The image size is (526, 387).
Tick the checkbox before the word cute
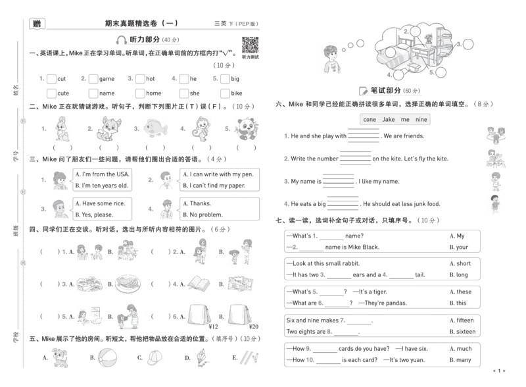click(x=51, y=93)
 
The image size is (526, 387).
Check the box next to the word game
click(x=93, y=78)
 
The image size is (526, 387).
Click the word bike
click(x=237, y=93)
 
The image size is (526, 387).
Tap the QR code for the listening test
click(x=251, y=45)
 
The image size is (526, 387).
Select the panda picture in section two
click(x=247, y=129)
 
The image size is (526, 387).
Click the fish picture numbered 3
click(x=155, y=128)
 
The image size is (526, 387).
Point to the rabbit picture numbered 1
click(x=62, y=128)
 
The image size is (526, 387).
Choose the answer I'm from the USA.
click(x=102, y=174)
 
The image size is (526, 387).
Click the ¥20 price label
click(x=254, y=326)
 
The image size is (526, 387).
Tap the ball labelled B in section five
click(x=108, y=357)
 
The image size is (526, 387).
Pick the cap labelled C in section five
click(x=155, y=357)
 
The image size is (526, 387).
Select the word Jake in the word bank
click(x=389, y=119)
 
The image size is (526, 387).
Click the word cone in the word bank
click(x=370, y=119)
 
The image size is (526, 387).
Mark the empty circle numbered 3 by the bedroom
click(x=468, y=44)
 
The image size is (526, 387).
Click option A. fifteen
click(x=462, y=320)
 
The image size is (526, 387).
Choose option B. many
click(x=460, y=360)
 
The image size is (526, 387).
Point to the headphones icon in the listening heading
click(x=121, y=40)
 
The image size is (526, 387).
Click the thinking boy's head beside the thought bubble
click(x=330, y=53)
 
